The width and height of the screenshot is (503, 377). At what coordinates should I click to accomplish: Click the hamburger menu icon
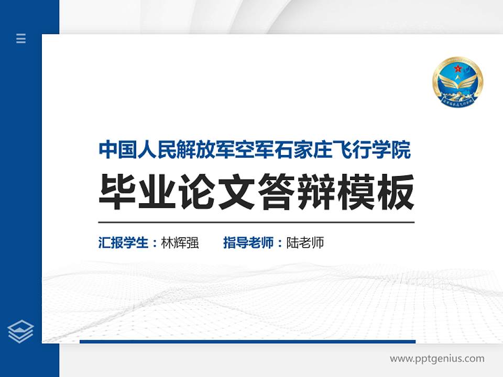click(x=21, y=38)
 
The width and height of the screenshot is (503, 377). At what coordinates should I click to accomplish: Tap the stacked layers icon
click(x=21, y=331)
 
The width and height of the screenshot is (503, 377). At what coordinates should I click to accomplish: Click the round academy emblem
click(x=457, y=82)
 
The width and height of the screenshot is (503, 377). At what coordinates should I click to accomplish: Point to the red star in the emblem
click(x=457, y=69)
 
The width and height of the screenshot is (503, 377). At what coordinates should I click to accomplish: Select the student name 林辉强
click(x=180, y=243)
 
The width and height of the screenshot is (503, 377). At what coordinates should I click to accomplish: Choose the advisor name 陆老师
click(x=305, y=243)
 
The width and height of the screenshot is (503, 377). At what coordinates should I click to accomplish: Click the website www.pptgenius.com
click(x=437, y=359)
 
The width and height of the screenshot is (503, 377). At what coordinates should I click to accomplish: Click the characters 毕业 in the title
click(x=138, y=192)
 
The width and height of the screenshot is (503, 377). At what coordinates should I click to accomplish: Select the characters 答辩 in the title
click(x=297, y=192)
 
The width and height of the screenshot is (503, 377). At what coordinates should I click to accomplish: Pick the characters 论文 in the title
click(x=217, y=192)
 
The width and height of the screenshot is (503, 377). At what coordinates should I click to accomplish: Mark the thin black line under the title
click(x=256, y=223)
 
